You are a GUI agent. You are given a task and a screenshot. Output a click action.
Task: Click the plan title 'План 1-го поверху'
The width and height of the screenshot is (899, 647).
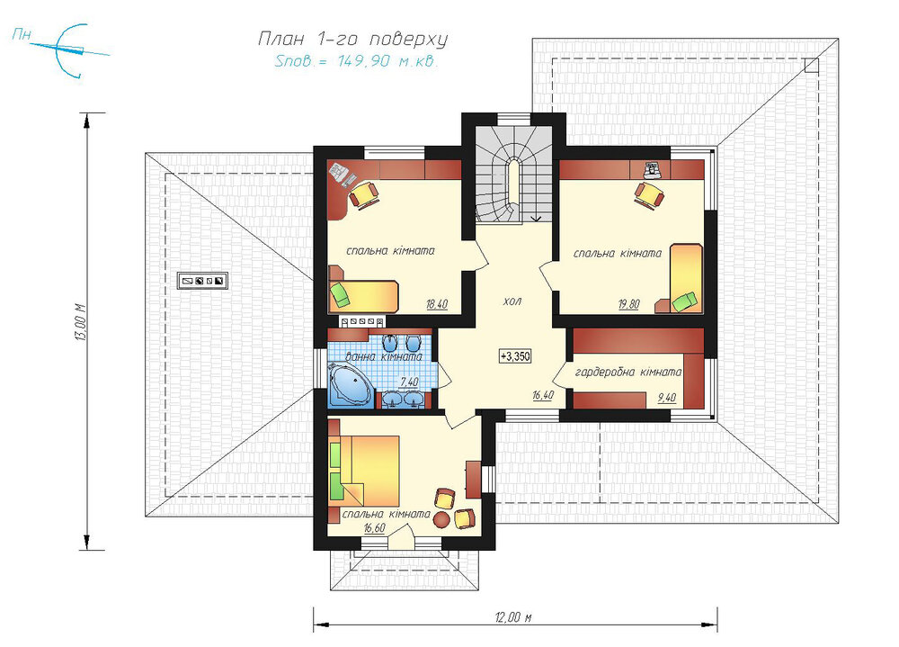point(352,39)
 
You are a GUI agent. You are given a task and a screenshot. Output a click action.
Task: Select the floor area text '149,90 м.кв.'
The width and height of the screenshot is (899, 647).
point(387,61)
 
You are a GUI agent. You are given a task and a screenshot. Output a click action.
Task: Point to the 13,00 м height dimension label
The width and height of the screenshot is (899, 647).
point(80,322)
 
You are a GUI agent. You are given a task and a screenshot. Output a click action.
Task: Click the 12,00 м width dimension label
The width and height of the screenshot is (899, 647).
point(513,617)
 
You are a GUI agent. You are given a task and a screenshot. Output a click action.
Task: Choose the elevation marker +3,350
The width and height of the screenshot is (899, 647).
point(515,356)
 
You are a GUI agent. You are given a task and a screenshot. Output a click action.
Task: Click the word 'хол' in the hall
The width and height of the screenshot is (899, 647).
point(512,301)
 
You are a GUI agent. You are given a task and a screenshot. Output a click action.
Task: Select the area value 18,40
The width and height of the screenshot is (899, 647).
point(436,304)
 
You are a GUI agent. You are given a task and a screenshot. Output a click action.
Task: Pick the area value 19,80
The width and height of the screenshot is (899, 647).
point(628,305)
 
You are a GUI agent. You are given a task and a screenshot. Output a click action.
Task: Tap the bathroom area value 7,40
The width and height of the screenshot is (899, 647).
point(409,382)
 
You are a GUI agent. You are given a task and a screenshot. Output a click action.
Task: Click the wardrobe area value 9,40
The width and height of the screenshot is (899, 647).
point(666,397)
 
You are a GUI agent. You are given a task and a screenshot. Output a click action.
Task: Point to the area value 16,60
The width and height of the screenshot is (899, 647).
point(374,527)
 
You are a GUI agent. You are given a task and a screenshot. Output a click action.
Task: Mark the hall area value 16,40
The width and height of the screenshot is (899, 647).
point(542,395)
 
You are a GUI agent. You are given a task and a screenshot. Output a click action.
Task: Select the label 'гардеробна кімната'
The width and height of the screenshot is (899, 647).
point(628,372)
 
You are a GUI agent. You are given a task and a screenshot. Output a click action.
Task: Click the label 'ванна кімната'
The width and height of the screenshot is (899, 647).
point(384,356)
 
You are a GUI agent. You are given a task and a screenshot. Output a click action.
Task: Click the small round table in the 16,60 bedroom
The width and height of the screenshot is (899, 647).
point(442,519)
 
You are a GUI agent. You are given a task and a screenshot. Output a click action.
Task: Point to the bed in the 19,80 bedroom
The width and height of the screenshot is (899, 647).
point(686,278)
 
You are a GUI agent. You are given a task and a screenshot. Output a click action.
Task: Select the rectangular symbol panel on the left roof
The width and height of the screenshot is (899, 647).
point(202,281)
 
